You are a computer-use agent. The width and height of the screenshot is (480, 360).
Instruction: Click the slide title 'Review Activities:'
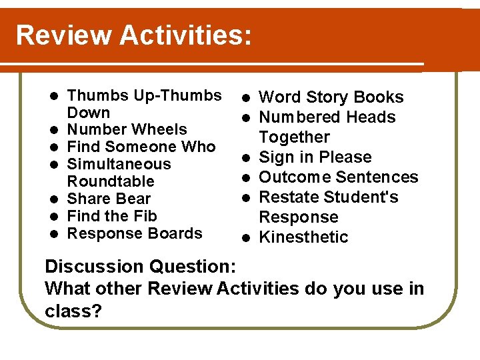pyautogui.click(x=133, y=35)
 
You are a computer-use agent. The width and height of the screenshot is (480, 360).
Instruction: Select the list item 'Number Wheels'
pyautogui.click(x=127, y=129)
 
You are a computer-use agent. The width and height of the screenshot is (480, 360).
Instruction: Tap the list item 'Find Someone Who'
pyautogui.click(x=141, y=147)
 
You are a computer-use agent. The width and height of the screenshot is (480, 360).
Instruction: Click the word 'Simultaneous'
pyautogui.click(x=119, y=164)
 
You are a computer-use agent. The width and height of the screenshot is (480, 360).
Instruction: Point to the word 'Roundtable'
pyautogui.click(x=111, y=181)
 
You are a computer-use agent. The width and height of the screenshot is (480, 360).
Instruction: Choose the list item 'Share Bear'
pyautogui.click(x=109, y=199)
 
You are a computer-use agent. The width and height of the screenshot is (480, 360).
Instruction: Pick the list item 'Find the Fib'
pyautogui.click(x=113, y=216)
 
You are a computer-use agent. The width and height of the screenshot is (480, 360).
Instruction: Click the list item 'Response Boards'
pyautogui.click(x=135, y=233)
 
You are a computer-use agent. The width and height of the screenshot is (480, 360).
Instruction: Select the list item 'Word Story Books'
pyautogui.click(x=331, y=97)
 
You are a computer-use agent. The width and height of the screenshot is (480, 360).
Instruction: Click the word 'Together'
pyautogui.click(x=294, y=137)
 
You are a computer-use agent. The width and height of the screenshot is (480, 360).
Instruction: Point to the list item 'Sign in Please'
pyautogui.click(x=315, y=157)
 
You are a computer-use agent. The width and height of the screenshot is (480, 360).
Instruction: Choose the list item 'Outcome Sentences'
pyautogui.click(x=338, y=177)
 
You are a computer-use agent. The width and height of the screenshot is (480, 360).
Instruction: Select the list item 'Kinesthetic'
pyautogui.click(x=303, y=237)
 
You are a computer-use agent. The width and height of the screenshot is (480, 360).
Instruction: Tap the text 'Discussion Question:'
pyautogui.click(x=140, y=267)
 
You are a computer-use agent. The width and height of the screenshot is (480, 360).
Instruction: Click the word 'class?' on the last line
pyautogui.click(x=73, y=311)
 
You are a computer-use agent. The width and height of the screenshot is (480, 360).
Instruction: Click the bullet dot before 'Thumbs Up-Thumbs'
pyautogui.click(x=55, y=95)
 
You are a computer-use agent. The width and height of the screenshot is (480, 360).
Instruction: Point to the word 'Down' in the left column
pyautogui.click(x=89, y=112)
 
